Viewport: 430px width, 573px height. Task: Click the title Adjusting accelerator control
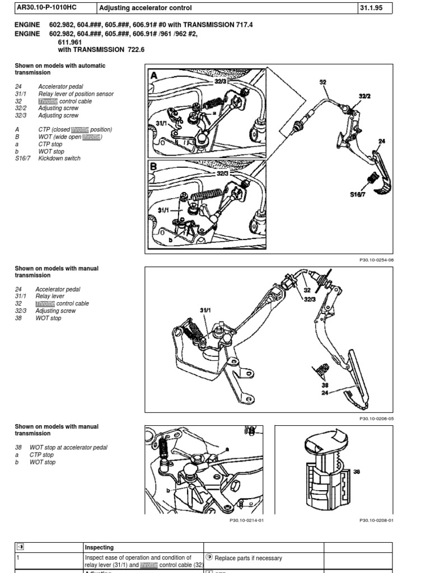coord(146,8)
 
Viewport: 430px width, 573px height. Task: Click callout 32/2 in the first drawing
coord(364,96)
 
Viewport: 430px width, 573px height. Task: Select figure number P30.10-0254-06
coord(376,260)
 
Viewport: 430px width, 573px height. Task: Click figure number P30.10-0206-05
coord(376,418)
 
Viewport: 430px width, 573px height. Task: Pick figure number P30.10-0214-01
coord(246,520)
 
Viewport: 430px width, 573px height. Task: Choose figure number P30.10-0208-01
coord(376,520)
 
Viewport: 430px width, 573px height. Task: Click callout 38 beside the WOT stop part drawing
coord(357,472)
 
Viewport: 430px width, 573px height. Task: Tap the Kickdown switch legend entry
coord(59,158)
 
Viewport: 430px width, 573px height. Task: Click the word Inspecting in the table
coord(99,547)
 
